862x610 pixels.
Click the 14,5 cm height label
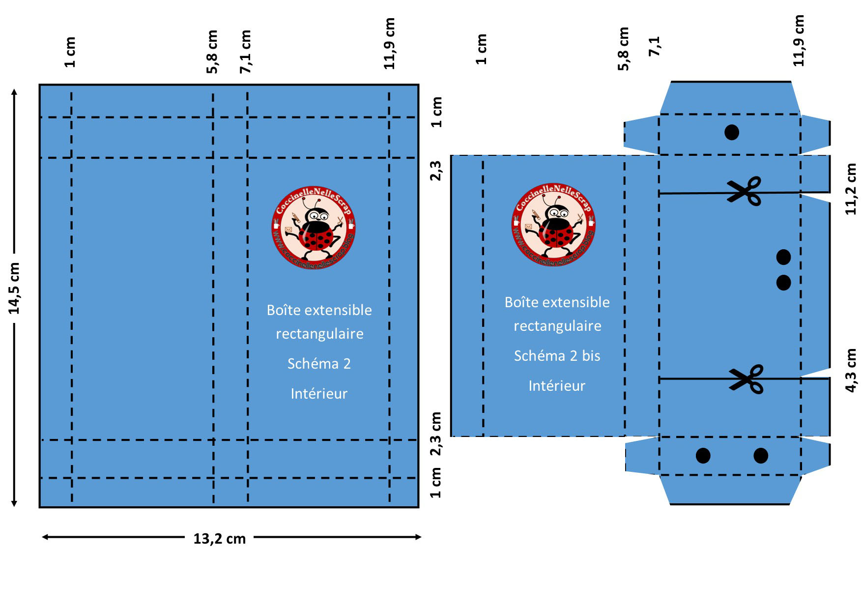click(x=14, y=288)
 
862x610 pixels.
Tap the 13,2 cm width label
click(x=219, y=539)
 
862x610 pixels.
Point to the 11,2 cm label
click(x=851, y=189)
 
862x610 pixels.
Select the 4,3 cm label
click(x=851, y=370)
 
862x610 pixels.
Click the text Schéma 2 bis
click(x=557, y=356)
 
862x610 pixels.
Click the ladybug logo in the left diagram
click(x=314, y=228)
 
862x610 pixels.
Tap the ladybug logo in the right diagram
click(x=553, y=225)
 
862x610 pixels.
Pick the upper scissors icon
click(x=745, y=191)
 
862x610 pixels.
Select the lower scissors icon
click(x=747, y=378)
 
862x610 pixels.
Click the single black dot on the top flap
click(x=732, y=132)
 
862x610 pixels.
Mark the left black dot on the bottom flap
click(x=703, y=456)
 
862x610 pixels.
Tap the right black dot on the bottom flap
click(x=761, y=456)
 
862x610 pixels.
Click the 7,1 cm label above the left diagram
click(x=245, y=52)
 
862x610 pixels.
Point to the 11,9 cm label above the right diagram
click(x=799, y=41)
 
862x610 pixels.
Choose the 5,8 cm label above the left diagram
click(x=212, y=52)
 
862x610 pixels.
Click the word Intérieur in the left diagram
click(x=319, y=394)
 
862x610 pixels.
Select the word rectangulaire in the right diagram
click(x=557, y=326)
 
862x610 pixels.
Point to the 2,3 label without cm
click(x=435, y=171)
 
